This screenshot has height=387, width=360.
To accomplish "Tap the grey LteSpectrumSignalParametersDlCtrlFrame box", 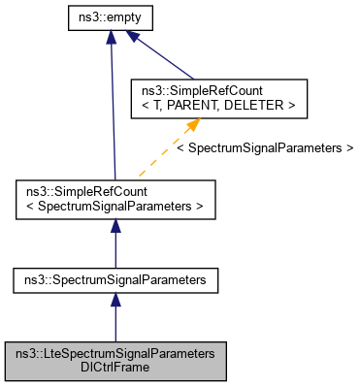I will tap(115, 360).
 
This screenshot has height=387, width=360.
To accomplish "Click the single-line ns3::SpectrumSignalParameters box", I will tap(115, 280).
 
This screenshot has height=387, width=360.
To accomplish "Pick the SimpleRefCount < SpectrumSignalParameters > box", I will tap(115, 200).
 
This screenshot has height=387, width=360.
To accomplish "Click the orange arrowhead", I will tap(193, 124).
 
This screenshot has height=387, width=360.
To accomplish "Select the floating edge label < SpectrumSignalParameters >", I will tap(264, 148).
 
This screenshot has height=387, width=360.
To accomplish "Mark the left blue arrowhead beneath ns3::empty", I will tap(112, 38).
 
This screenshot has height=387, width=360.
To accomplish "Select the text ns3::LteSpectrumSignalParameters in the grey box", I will tap(115, 352).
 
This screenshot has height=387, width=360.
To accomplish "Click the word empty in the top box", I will tap(126, 16).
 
